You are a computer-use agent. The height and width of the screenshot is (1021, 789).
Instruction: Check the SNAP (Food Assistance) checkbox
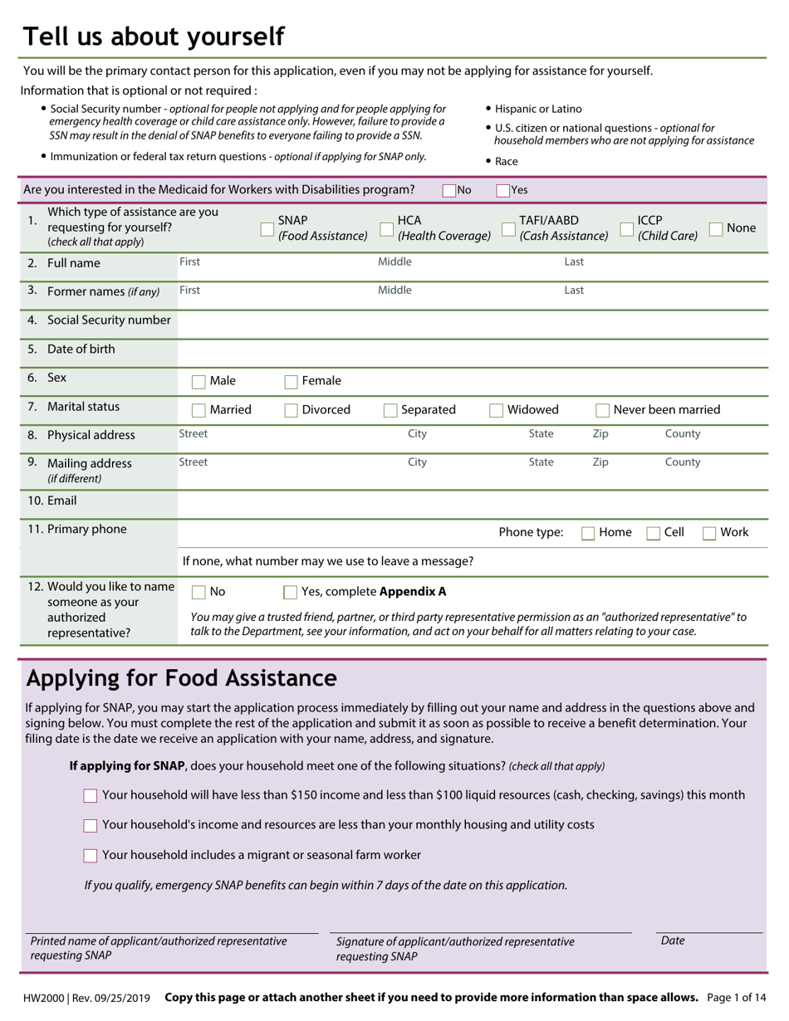tap(267, 229)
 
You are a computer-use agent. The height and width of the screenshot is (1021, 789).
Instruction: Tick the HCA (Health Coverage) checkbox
tap(387, 229)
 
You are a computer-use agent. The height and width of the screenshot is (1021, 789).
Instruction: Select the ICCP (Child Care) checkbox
tap(627, 229)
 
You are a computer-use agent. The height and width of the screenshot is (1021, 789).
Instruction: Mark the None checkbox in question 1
tap(716, 229)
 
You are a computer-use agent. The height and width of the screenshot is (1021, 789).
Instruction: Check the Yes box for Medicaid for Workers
tap(502, 190)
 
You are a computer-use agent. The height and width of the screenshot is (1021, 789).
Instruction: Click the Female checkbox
tap(291, 382)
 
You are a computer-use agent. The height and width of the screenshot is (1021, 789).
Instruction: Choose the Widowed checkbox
tap(496, 410)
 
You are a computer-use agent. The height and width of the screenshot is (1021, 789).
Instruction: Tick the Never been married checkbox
tap(603, 410)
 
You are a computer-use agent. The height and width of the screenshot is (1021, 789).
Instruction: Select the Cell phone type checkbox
tap(654, 533)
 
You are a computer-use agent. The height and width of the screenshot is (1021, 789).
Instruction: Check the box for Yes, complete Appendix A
tap(291, 593)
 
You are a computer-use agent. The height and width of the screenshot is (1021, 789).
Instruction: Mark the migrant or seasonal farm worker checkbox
tap(91, 856)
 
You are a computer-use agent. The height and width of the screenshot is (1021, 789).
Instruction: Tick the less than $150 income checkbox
tap(91, 796)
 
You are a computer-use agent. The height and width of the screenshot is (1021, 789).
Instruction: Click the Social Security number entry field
tap(472, 321)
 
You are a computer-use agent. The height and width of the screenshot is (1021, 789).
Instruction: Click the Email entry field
tap(472, 501)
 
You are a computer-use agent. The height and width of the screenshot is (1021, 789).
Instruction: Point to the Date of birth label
tap(81, 349)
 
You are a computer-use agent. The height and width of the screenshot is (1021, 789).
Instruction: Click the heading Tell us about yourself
tap(154, 37)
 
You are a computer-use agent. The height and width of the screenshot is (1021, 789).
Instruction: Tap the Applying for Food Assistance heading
tap(182, 678)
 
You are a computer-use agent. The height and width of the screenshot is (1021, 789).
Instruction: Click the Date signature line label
tap(673, 940)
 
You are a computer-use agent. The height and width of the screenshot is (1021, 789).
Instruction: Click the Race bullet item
tap(506, 162)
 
